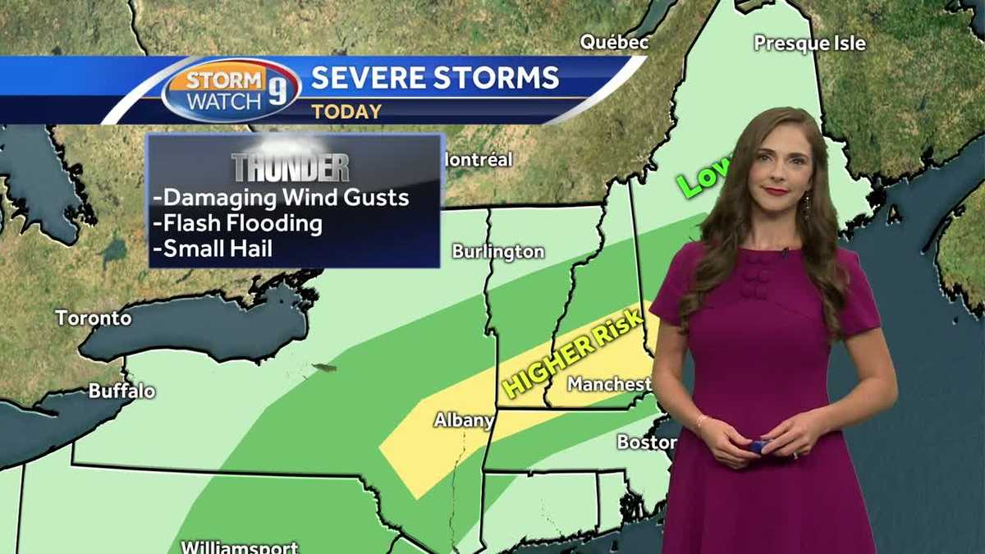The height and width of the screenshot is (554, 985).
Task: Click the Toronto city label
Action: pyautogui.click(x=93, y=318)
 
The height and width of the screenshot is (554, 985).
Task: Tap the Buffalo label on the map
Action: pyautogui.click(x=121, y=391)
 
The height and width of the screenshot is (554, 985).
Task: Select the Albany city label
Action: pyautogui.click(x=464, y=421)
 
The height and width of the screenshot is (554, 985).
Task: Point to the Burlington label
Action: pyautogui.click(x=498, y=251)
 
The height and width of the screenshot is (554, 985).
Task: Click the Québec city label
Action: pyautogui.click(x=615, y=42)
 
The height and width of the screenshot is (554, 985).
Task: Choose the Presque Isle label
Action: pyautogui.click(x=809, y=43)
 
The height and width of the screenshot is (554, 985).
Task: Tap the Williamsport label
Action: pyautogui.click(x=239, y=546)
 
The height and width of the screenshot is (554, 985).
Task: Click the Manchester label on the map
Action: pyautogui.click(x=609, y=383)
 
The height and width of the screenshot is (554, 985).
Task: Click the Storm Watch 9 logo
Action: pyautogui.click(x=231, y=90)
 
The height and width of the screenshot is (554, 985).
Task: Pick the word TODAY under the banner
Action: pyautogui.click(x=346, y=112)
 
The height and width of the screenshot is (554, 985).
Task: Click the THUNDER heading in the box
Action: pyautogui.click(x=291, y=167)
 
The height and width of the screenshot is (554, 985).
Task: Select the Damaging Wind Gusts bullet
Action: pyautogui.click(x=281, y=198)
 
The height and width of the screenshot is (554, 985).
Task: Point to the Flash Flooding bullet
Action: pyautogui.click(x=238, y=222)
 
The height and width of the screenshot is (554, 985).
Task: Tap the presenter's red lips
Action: pyautogui.click(x=776, y=191)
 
